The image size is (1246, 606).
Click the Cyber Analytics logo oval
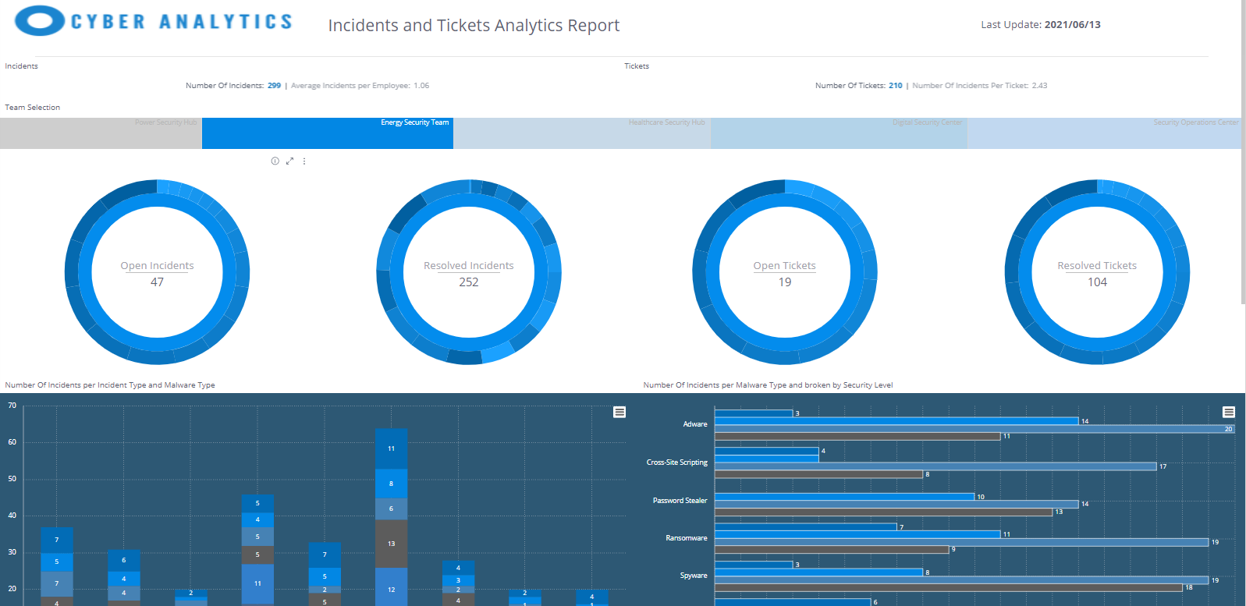[x=39, y=21]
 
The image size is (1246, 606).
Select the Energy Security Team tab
[x=328, y=133]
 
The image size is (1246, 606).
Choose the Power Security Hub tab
[x=101, y=133]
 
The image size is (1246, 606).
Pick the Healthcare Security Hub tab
[x=581, y=133]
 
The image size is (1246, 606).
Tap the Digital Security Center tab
[x=839, y=133]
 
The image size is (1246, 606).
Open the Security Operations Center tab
[x=1104, y=133]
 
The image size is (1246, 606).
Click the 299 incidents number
[x=274, y=86]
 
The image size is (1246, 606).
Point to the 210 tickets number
[x=895, y=86]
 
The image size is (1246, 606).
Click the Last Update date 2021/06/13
[x=1072, y=25]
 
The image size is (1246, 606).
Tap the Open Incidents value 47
[x=157, y=282]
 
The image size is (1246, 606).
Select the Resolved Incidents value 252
[x=468, y=282]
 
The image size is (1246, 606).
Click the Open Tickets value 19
[x=784, y=282]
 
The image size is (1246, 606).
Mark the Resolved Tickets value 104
[x=1097, y=282]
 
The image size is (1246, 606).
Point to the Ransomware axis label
[x=686, y=538]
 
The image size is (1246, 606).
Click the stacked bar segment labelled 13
[x=391, y=544]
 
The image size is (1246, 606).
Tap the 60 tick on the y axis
[x=12, y=442]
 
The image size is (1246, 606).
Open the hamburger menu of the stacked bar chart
[x=619, y=412]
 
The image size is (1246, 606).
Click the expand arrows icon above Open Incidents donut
[x=289, y=161]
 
